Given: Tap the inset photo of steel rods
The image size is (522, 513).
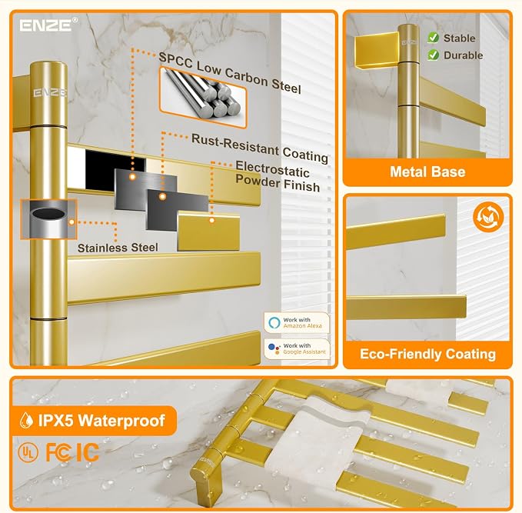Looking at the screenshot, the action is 203,97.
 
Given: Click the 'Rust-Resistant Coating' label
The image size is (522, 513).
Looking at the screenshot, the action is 260,148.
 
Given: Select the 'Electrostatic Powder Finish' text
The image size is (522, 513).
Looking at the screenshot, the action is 278,176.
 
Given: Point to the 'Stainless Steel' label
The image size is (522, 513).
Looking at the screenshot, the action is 118,248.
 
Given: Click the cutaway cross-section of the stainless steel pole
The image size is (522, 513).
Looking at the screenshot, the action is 48,219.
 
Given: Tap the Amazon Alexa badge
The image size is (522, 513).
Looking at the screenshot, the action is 297,323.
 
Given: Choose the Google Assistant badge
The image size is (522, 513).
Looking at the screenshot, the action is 297,348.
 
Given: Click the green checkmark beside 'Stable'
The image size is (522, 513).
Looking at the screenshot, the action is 433,38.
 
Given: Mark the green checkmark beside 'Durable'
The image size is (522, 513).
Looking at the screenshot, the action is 433,55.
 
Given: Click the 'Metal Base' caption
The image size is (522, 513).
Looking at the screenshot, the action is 427,172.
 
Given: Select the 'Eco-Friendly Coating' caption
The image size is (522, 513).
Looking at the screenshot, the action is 427,354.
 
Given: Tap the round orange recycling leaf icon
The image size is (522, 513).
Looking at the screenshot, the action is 488,217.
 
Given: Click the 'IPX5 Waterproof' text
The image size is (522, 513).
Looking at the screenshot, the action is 101,421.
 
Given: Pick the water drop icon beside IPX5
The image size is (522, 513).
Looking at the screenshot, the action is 26,421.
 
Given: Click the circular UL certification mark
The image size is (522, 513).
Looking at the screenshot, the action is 28,453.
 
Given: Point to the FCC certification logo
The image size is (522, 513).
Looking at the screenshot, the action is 58,452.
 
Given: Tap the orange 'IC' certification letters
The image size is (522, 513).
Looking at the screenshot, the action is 88,452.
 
